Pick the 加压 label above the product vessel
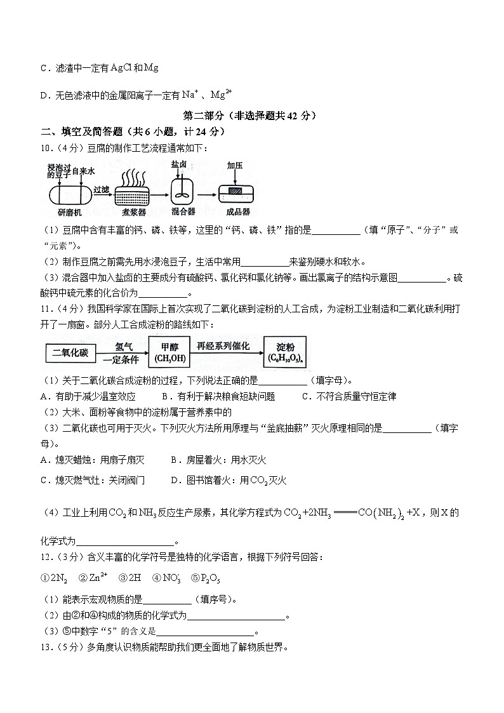click(235, 165)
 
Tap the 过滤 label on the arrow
click(101, 189)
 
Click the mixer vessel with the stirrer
click(182, 192)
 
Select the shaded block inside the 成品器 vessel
click(235, 190)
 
